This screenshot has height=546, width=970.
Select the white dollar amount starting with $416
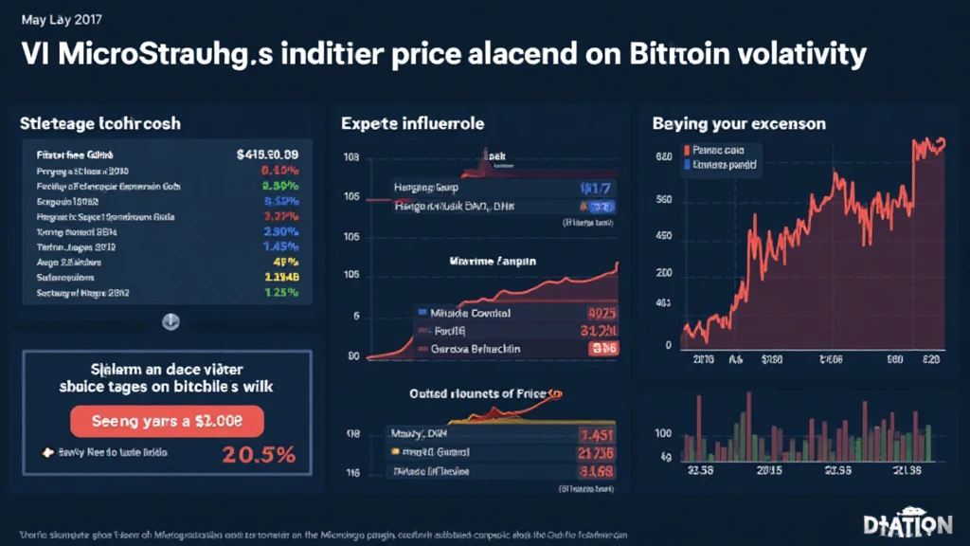tap(268, 154)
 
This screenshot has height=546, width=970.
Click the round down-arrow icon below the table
tap(171, 321)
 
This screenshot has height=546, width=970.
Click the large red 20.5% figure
tap(260, 454)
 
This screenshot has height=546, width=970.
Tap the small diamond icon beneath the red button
tap(44, 452)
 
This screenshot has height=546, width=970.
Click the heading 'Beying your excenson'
tap(739, 123)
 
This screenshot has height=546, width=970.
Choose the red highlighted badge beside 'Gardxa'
tap(602, 349)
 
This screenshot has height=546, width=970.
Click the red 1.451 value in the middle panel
tap(597, 435)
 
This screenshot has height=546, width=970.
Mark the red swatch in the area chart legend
tap(685, 150)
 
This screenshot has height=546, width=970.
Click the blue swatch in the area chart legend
tap(685, 163)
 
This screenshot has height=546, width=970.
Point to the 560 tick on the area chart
tap(664, 201)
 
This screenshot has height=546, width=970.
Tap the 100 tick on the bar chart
tap(664, 433)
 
